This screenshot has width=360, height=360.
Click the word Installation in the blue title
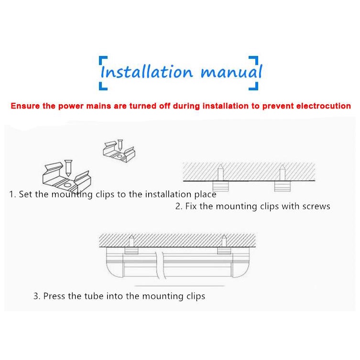147,71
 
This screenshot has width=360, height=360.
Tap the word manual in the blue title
232,71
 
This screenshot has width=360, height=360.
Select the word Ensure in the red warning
25,106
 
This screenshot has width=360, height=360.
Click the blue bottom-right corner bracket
255,87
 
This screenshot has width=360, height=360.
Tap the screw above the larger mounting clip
68,168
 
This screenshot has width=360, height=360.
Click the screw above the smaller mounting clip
120,145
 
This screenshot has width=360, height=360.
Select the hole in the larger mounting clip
67,185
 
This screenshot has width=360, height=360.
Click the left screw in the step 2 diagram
221,173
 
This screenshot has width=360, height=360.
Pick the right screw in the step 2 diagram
283,173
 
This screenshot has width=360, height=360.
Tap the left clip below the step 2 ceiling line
220,186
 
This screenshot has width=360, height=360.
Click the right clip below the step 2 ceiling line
283,186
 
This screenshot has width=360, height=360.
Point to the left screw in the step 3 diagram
131,241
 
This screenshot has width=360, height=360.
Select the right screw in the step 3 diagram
224,241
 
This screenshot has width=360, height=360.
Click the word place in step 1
206,195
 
